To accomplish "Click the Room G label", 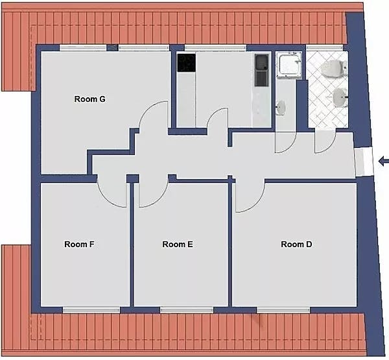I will [x=89, y=99].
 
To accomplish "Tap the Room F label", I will [x=80, y=245].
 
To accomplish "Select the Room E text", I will [x=178, y=245].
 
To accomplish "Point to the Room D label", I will [x=296, y=245].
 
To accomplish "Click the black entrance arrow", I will [x=383, y=160].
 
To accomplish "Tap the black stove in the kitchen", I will [x=186, y=63].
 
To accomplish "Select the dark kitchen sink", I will [x=262, y=69].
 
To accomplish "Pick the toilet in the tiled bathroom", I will [x=333, y=67].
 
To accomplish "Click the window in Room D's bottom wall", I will [x=277, y=310].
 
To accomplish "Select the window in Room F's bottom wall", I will [x=91, y=310].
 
